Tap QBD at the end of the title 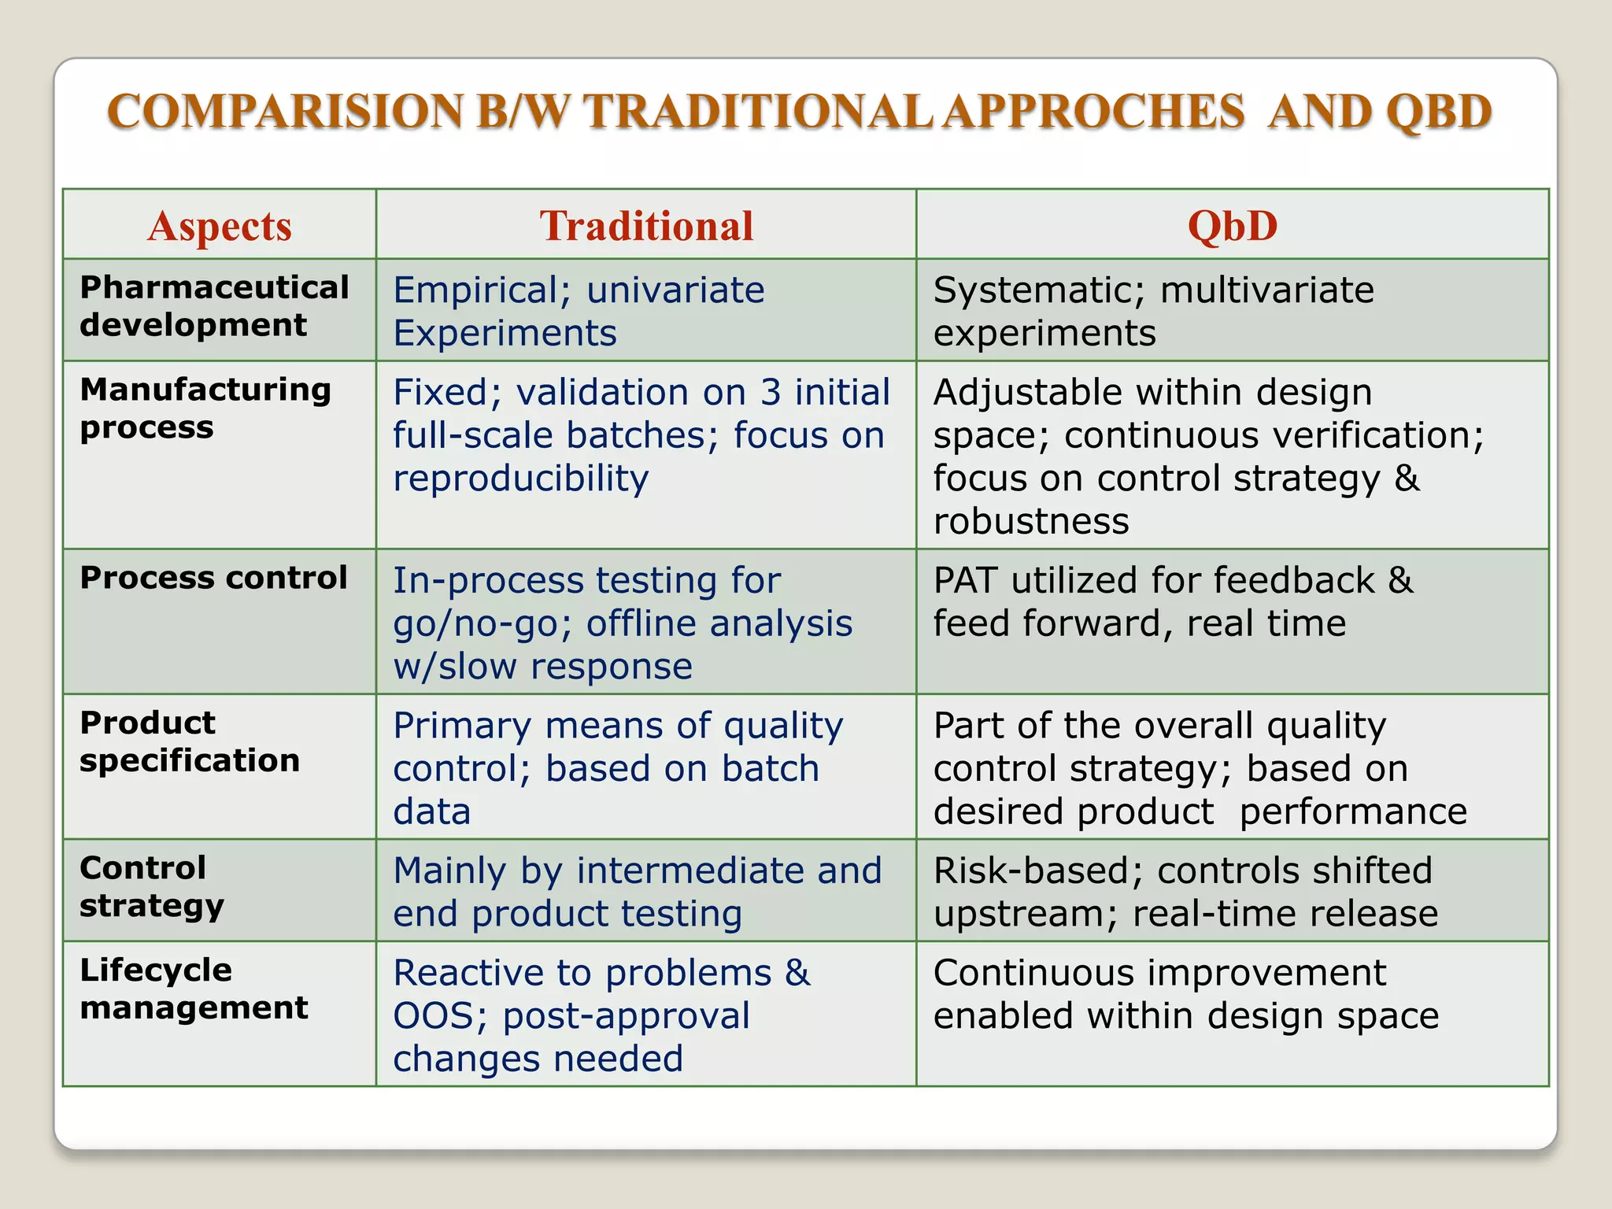[x=1438, y=111]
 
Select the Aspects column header [x=220, y=227]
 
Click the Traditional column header [x=646, y=227]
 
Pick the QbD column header [x=1232, y=227]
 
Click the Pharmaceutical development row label [x=214, y=306]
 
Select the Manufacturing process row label [x=205, y=408]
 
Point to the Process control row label [x=213, y=578]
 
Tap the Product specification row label [x=190, y=741]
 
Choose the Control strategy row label [x=152, y=886]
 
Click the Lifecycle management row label [x=194, y=989]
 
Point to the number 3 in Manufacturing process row [x=770, y=392]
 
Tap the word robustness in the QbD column [x=1031, y=521]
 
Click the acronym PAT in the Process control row [x=965, y=580]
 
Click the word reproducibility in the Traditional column [x=520, y=479]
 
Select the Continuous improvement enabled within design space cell [x=1185, y=995]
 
